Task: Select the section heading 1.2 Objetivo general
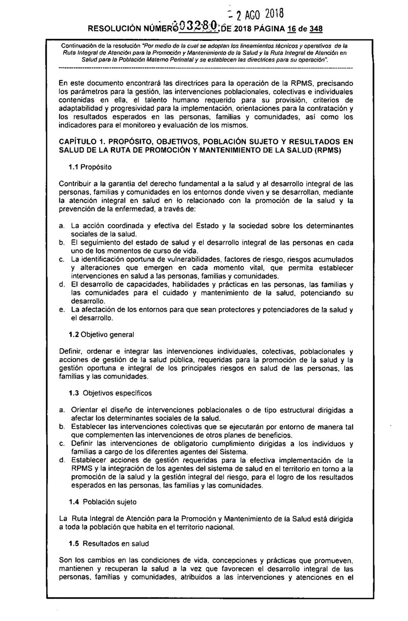pyautogui.click(x=101, y=335)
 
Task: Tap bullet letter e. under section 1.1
pyautogui.click(x=62, y=310)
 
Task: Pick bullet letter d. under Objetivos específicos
pyautogui.click(x=62, y=460)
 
